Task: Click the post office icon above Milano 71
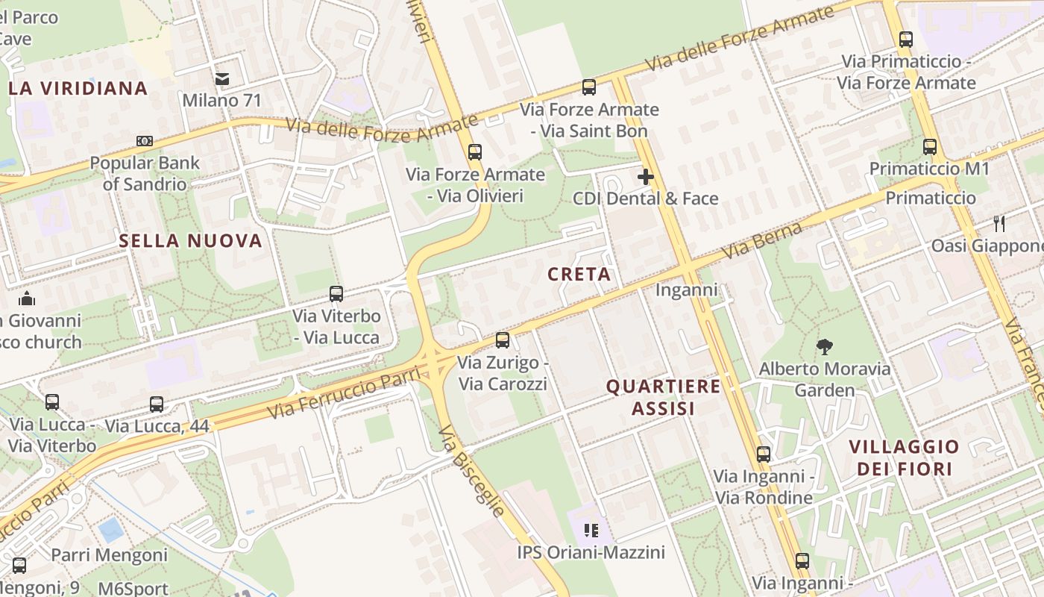pos(221,78)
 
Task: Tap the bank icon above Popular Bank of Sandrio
pos(145,141)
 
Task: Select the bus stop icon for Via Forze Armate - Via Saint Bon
pos(589,87)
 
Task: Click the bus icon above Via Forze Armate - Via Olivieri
pos(475,152)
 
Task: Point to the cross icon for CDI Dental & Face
pos(646,177)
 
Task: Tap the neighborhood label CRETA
pos(579,275)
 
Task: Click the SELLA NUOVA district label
pos(191,241)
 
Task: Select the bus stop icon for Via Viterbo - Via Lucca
pos(336,294)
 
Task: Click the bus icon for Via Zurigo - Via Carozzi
pos(503,340)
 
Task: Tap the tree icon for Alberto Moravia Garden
pos(824,346)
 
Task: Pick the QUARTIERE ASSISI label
pos(664,397)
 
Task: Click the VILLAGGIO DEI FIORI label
pos(905,457)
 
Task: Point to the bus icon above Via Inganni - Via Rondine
pos(764,454)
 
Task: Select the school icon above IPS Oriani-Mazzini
pos(591,531)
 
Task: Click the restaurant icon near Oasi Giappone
pos(999,223)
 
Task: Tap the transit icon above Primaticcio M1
pos(930,147)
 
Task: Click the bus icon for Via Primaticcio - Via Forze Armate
pos(906,40)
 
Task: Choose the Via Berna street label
pos(762,240)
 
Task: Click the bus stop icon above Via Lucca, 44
pos(157,404)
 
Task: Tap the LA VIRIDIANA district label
pos(78,89)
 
